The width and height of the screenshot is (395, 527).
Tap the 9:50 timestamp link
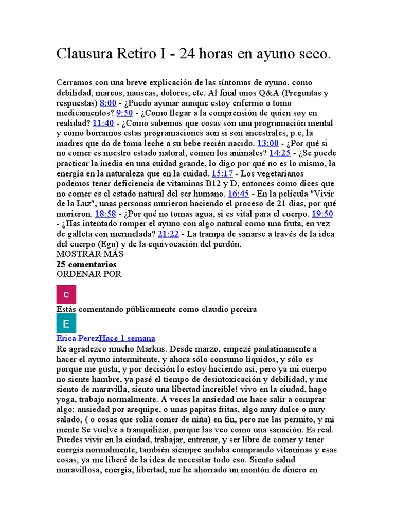pyautogui.click(x=125, y=113)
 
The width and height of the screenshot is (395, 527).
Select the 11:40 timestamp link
pyautogui.click(x=103, y=123)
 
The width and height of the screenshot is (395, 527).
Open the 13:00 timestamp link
pyautogui.click(x=267, y=143)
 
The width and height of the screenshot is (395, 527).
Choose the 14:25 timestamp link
pyautogui.click(x=280, y=153)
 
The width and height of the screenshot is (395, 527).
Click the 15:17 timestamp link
pyautogui.click(x=222, y=173)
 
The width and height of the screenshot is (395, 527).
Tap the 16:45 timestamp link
pyautogui.click(x=238, y=194)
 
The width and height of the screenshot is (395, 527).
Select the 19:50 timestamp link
pyautogui.click(x=322, y=214)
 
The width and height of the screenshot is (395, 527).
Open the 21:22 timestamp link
pyautogui.click(x=169, y=234)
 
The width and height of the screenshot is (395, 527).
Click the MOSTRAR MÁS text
pyautogui.click(x=90, y=254)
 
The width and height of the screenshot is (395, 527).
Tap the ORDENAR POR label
pyautogui.click(x=88, y=274)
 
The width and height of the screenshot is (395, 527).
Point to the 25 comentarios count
pyautogui.click(x=86, y=264)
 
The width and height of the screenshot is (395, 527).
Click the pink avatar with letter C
pyautogui.click(x=66, y=294)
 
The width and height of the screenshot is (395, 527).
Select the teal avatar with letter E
pyautogui.click(x=66, y=324)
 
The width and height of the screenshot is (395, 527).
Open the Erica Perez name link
pyautogui.click(x=78, y=338)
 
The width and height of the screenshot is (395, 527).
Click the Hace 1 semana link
pyautogui.click(x=127, y=338)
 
